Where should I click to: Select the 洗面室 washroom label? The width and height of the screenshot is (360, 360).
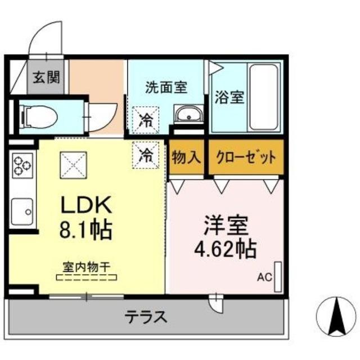[x=166, y=87]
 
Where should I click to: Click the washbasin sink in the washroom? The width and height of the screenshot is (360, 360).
[x=187, y=114]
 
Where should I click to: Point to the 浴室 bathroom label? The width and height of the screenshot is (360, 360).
[x=229, y=97]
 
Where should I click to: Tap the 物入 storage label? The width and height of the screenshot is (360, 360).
[x=186, y=156]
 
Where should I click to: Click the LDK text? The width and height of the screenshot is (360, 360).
[x=88, y=204]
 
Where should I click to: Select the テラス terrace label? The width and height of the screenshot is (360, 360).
[x=146, y=317]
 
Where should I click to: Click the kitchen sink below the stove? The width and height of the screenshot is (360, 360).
[x=21, y=211]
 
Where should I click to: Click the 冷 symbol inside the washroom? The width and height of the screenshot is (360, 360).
[x=146, y=119]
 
